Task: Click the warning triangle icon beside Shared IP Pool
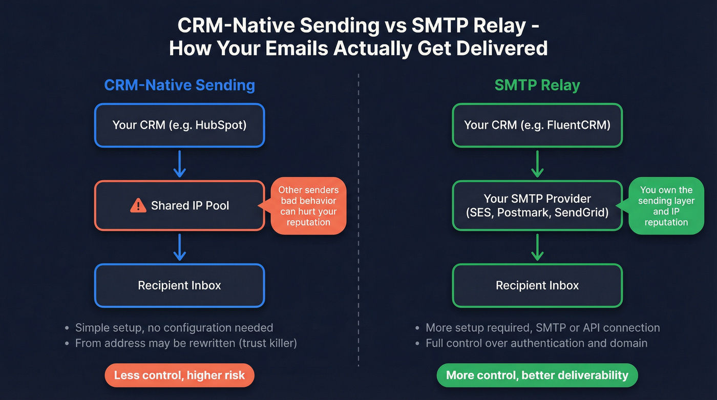[x=138, y=206]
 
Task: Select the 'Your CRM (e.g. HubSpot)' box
[x=179, y=125]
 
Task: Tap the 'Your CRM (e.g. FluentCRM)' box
[x=537, y=125]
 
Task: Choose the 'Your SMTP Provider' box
[x=537, y=205]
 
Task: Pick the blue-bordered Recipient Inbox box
[x=179, y=285]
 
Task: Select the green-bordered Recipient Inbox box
[x=537, y=285]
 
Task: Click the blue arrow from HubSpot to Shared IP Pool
[x=179, y=165]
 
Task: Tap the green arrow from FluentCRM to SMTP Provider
[x=537, y=165]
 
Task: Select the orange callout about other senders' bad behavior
[x=308, y=206]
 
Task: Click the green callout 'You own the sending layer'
[x=666, y=206]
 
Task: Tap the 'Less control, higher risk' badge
[x=179, y=375]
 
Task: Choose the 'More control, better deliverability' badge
[x=537, y=375]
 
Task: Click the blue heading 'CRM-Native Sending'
[x=179, y=85]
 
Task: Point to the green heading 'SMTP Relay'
[x=537, y=85]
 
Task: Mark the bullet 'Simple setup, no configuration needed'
[x=174, y=327]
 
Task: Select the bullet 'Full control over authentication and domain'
[x=537, y=343]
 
